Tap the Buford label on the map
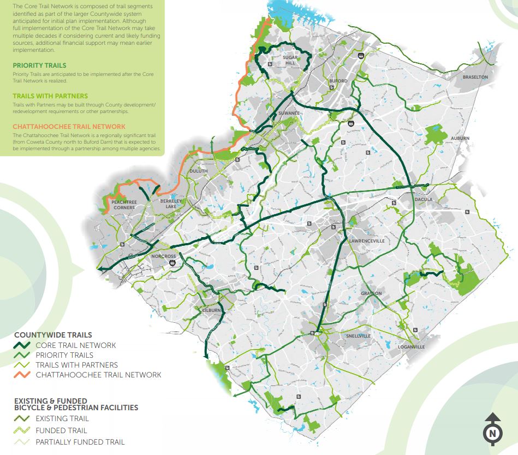[338, 81]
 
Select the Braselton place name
[475, 77]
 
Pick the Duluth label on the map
[198, 171]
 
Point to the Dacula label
[423, 200]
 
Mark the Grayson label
[371, 293]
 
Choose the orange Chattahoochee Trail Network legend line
[22, 375]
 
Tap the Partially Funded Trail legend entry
[80, 442]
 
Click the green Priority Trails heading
[39, 66]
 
